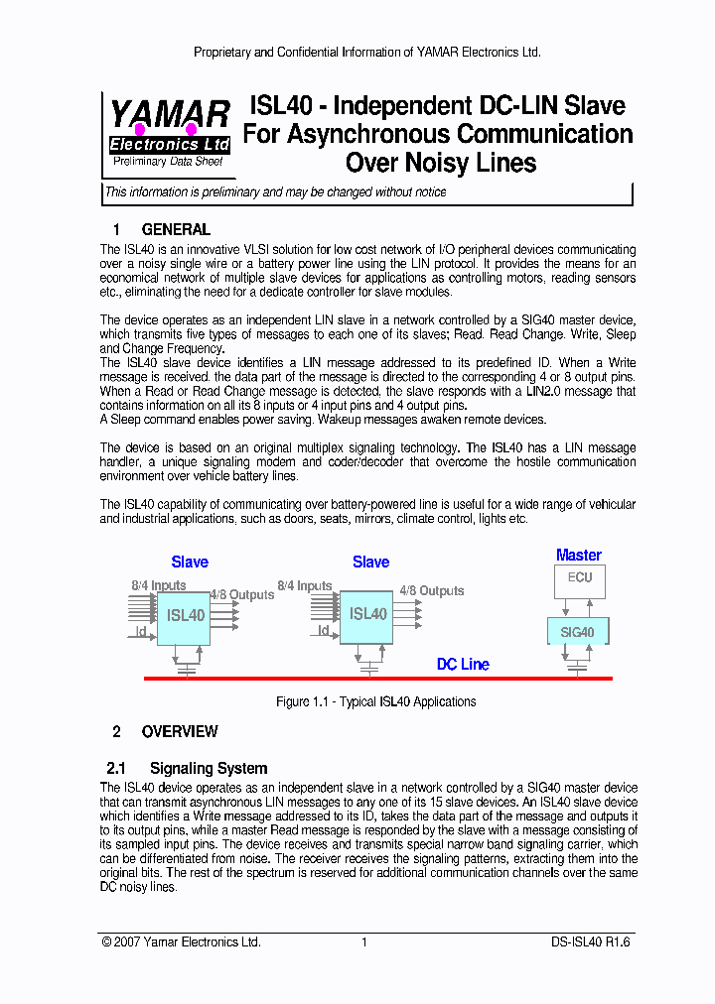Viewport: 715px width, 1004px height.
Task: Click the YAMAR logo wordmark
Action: pyautogui.click(x=169, y=114)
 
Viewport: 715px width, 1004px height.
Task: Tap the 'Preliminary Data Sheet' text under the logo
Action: pyautogui.click(x=169, y=161)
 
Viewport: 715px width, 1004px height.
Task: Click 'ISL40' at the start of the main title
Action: pyautogui.click(x=281, y=106)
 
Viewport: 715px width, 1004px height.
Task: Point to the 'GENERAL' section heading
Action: pyautogui.click(x=176, y=229)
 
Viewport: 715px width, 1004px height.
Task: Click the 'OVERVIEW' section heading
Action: pyautogui.click(x=180, y=732)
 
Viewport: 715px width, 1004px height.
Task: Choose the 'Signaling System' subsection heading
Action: pyautogui.click(x=209, y=768)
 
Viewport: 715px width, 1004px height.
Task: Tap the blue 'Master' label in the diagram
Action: pyautogui.click(x=578, y=556)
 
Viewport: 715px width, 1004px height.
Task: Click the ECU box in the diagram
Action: pyautogui.click(x=579, y=579)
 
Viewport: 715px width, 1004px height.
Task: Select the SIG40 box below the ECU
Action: pyautogui.click(x=577, y=631)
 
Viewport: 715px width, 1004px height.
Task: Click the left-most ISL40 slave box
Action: pyautogui.click(x=186, y=616)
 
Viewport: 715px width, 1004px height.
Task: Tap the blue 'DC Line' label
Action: pyautogui.click(x=463, y=664)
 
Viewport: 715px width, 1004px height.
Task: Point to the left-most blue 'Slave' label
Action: pyautogui.click(x=190, y=562)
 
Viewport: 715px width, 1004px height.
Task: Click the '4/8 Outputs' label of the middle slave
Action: pyautogui.click(x=432, y=590)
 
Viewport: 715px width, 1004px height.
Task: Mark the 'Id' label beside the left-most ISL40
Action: pyautogui.click(x=141, y=631)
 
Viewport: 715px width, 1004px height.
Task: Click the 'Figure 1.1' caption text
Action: pyautogui.click(x=375, y=701)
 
